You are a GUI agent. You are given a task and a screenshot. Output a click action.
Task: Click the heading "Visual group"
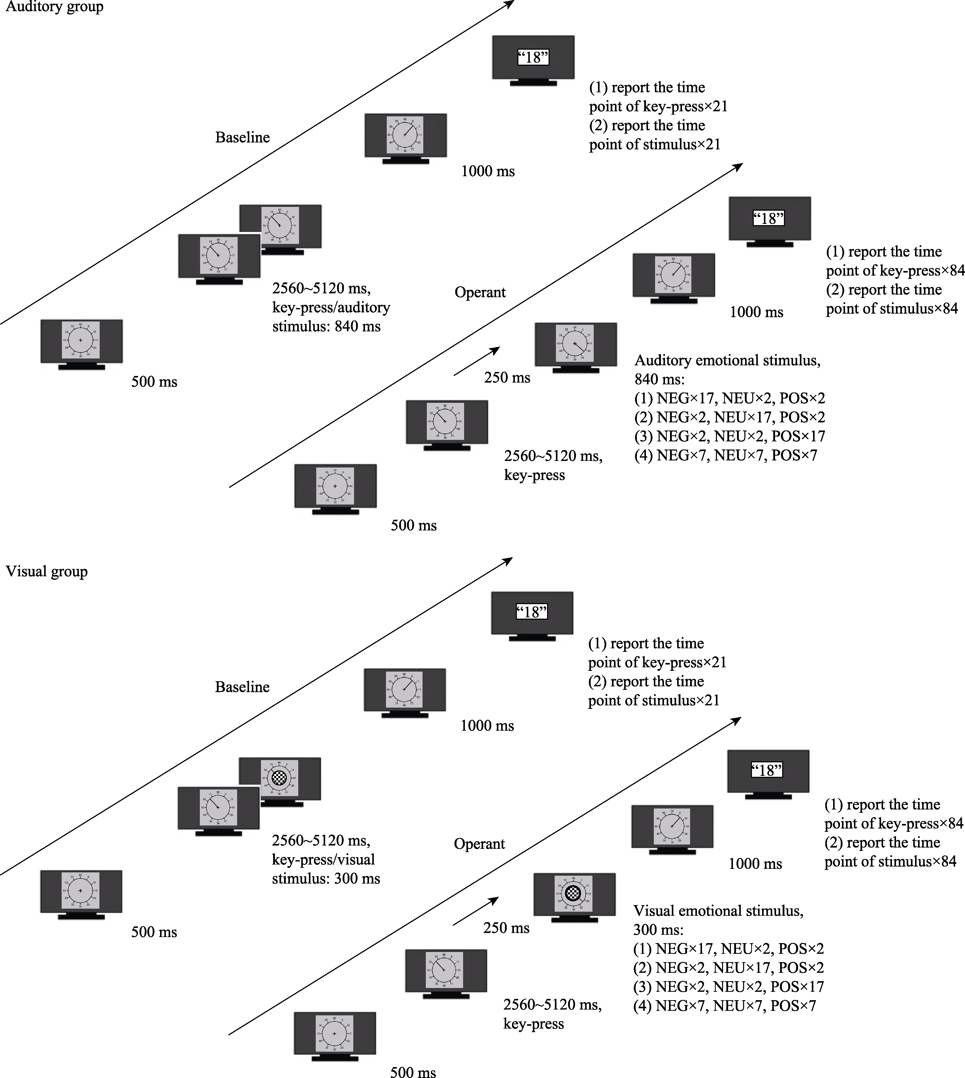click(x=47, y=571)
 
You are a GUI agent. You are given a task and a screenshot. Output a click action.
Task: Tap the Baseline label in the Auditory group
click(x=242, y=137)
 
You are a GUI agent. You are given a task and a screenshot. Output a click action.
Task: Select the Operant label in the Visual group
click(x=479, y=844)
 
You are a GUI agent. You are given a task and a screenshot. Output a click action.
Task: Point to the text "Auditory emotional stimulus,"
click(x=727, y=361)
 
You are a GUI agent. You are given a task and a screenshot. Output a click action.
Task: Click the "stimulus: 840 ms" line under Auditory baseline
click(x=326, y=327)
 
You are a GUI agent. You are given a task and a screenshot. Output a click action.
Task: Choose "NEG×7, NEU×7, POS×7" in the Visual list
click(x=724, y=1006)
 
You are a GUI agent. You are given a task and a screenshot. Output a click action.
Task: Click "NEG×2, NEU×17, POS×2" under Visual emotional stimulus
click(x=729, y=968)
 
